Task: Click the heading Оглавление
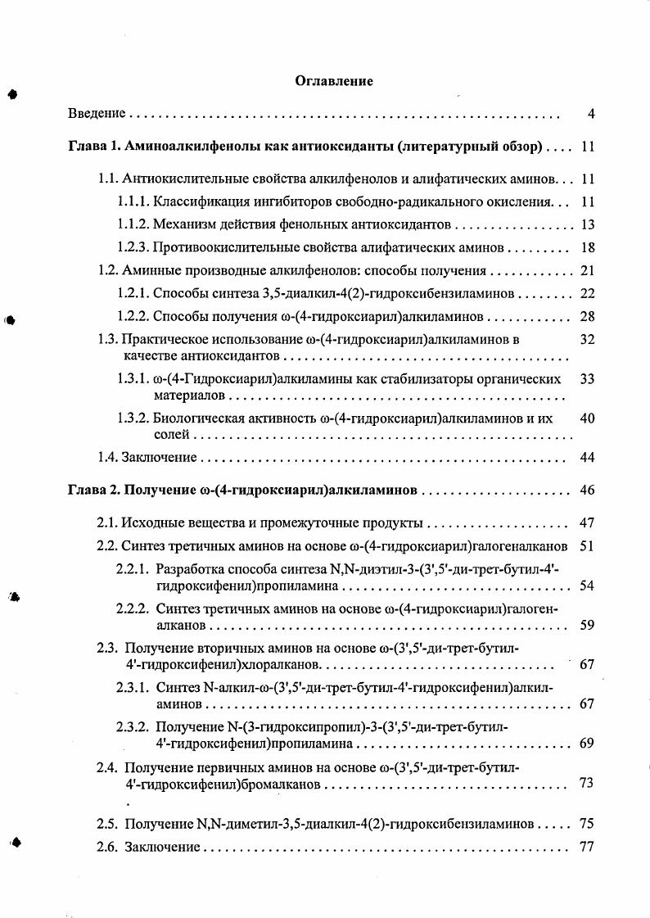click(333, 81)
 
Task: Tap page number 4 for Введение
click(590, 113)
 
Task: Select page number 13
click(586, 224)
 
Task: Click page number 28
click(586, 316)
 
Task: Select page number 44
click(586, 456)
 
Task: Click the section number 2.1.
click(107, 522)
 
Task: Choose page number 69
click(586, 744)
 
